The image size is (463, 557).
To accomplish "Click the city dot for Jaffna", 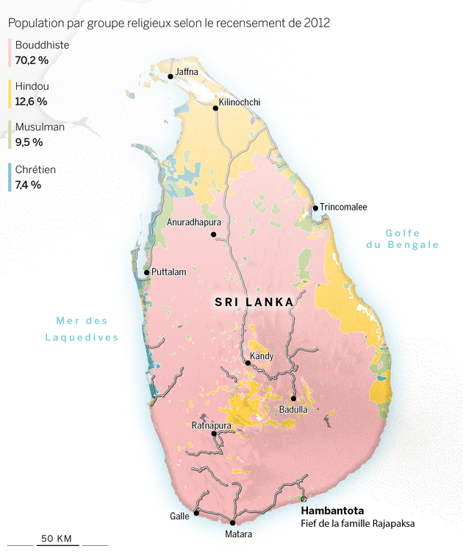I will [x=171, y=76].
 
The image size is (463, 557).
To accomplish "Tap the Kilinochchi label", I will [x=240, y=102].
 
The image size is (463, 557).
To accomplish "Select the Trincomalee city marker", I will [x=315, y=207].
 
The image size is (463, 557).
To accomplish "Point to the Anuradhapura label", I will [x=194, y=221].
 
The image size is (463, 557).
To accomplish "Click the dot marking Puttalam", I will [x=147, y=272].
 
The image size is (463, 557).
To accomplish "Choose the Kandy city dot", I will [x=248, y=363].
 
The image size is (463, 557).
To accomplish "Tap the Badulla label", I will [x=293, y=409].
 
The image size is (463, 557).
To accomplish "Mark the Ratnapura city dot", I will [x=214, y=433].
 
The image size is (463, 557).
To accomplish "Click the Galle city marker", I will [x=196, y=513].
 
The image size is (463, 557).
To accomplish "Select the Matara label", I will [x=238, y=534].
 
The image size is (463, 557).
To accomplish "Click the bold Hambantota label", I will [x=332, y=511].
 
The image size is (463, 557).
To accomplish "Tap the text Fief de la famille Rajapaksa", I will [x=358, y=524].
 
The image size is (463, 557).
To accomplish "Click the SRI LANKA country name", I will [x=254, y=302].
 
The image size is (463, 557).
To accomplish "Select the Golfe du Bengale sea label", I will [x=402, y=239].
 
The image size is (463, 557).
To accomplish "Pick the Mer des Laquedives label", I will [x=82, y=329].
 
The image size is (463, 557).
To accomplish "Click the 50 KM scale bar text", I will [x=57, y=539].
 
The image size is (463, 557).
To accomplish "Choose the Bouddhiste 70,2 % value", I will [x=32, y=60].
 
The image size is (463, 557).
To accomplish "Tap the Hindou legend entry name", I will [x=32, y=86].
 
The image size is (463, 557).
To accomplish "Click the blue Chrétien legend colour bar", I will [x=10, y=177].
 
